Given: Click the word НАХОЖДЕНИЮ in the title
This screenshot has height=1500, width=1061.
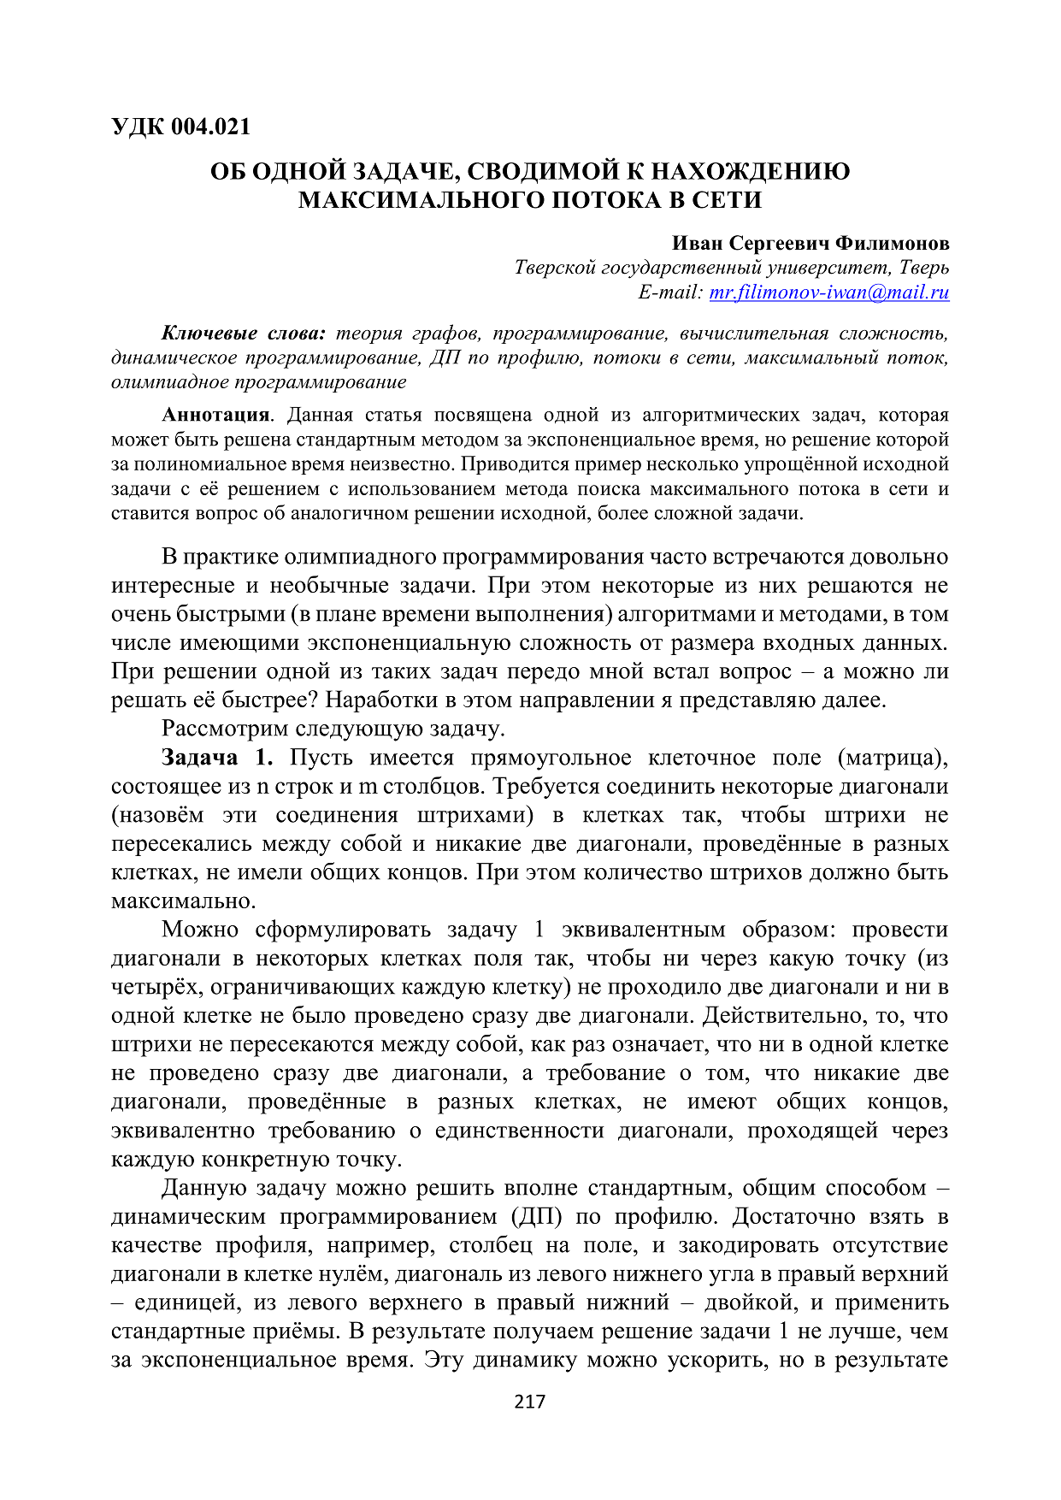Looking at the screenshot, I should [751, 171].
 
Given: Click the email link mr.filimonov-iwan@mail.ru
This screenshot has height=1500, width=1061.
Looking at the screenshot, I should [829, 292].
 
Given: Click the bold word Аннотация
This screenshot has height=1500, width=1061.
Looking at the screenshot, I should [215, 416].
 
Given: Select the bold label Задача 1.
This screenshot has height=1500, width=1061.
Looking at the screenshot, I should [217, 758].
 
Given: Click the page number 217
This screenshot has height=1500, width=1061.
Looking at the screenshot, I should [530, 1402].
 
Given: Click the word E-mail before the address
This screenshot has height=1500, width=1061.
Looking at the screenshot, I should [669, 292].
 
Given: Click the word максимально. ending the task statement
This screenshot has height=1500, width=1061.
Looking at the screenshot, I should [184, 901].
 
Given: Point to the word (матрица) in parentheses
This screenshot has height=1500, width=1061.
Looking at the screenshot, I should [893, 758].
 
